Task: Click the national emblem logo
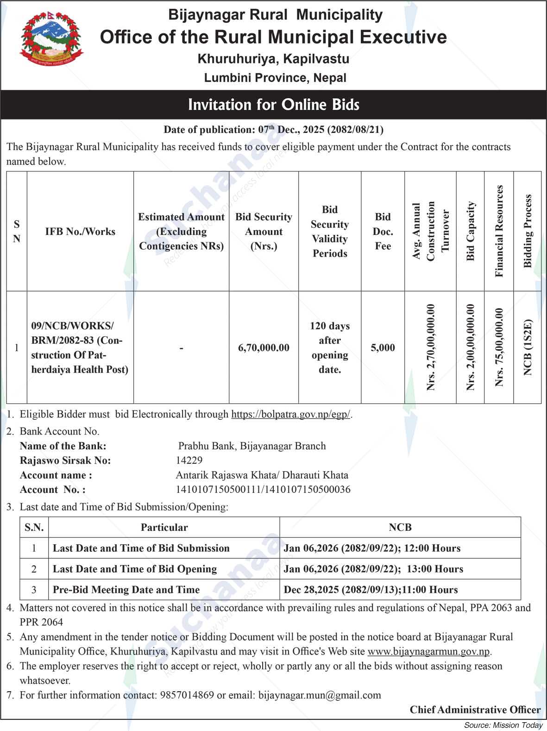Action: coord(51,39)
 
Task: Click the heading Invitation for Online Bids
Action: coord(273,105)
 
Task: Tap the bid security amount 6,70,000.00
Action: coord(264,347)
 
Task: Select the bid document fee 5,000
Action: coord(383,347)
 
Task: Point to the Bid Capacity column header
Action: coord(471,231)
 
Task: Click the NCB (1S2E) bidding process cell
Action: coord(528,347)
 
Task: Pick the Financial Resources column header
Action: coord(499,231)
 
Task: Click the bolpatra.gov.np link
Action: coord(290,414)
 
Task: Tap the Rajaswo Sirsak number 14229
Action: coord(189,460)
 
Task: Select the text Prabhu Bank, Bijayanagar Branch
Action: coord(252,446)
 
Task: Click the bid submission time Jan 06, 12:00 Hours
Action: coord(372,548)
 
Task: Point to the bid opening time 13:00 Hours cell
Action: coord(373,569)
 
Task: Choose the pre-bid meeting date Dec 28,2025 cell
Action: coord(371,590)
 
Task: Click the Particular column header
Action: coord(164,527)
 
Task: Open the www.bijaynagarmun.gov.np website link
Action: coord(428,651)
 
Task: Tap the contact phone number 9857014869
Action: coord(187,695)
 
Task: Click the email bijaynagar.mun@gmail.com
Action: coord(320,695)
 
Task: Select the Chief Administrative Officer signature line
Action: coord(475,710)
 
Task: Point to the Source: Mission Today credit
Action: coord(503,725)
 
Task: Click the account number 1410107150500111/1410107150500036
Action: coord(263,490)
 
